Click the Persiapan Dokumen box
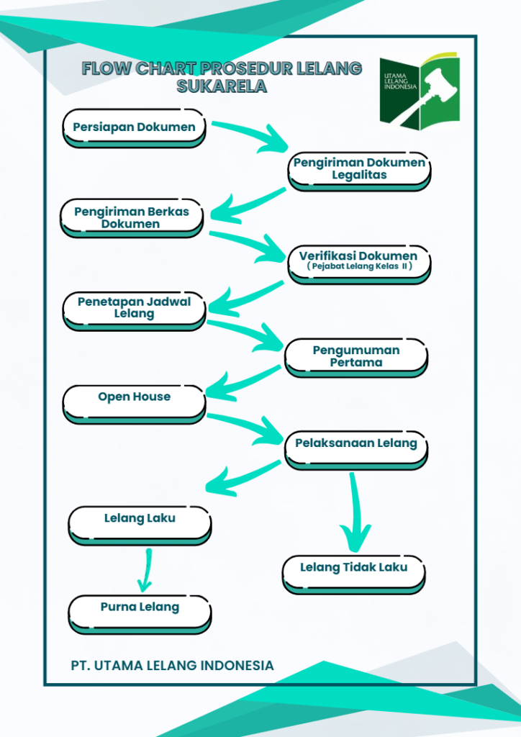(134, 127)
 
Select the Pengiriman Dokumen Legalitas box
(359, 168)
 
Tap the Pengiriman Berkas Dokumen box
(131, 217)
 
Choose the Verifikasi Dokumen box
(358, 261)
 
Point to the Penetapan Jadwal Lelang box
(134, 307)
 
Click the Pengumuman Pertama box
(355, 356)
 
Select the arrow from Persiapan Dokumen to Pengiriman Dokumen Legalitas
(252, 135)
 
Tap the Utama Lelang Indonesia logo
(419, 91)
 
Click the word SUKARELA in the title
(222, 86)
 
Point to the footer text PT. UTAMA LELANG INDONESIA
(173, 665)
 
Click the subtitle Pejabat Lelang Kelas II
(358, 267)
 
